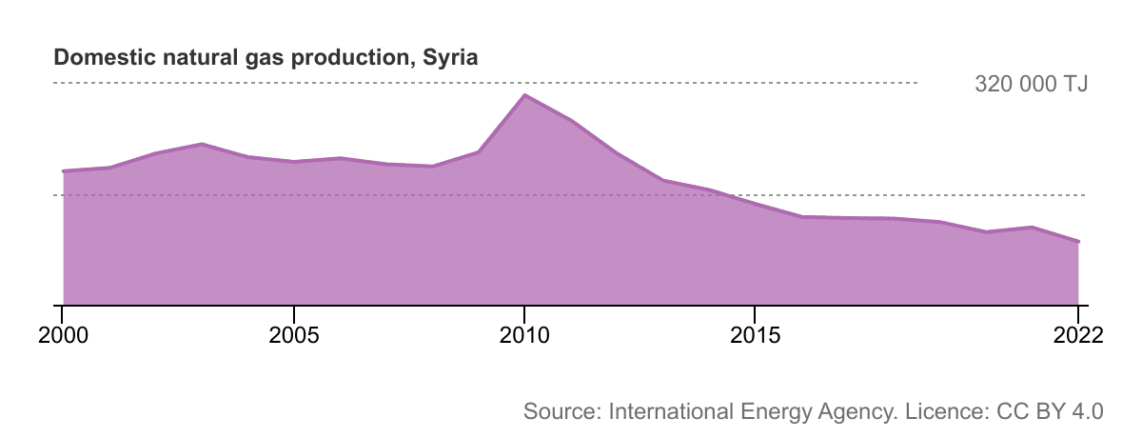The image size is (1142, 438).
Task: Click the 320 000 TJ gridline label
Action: click(x=1031, y=84)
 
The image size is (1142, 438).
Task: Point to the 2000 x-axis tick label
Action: click(x=62, y=335)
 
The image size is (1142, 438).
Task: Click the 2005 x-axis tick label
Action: click(x=294, y=335)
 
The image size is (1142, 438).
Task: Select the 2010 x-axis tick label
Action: click(x=523, y=335)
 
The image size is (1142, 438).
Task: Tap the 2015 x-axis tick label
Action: click(x=755, y=335)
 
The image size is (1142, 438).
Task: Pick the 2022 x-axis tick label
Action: click(x=1077, y=335)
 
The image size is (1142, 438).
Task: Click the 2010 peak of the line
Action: click(x=523, y=94)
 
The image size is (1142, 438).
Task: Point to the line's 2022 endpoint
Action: click(x=1078, y=241)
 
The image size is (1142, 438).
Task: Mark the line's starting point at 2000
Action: click(x=63, y=171)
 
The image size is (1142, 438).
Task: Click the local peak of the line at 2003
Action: click(x=202, y=144)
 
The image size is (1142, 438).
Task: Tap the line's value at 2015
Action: click(x=755, y=204)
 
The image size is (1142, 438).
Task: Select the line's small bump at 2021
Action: click(x=1032, y=227)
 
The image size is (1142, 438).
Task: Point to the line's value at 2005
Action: click(x=294, y=162)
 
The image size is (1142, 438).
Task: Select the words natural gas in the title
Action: click(x=201, y=57)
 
